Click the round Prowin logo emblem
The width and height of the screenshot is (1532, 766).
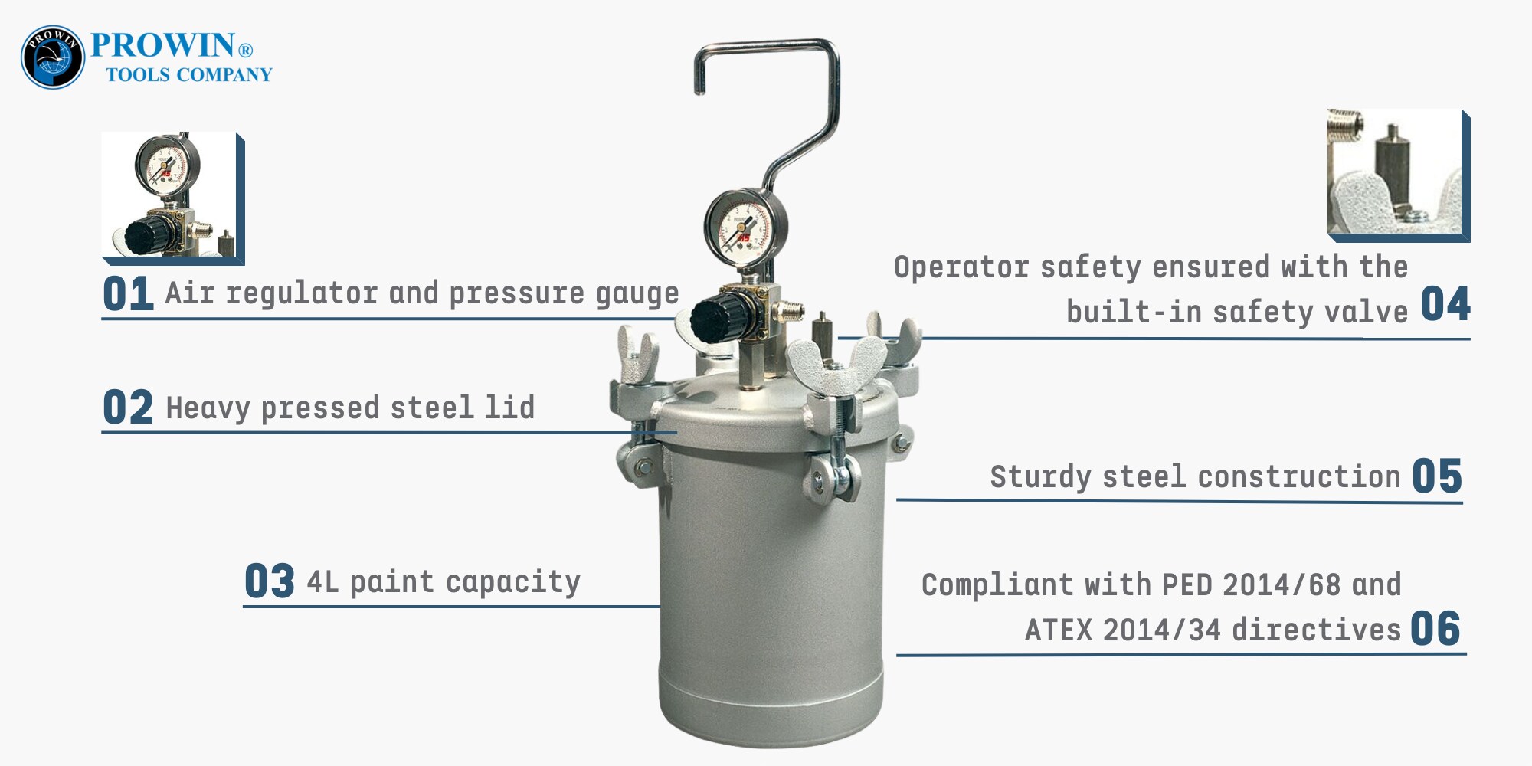pos(53,57)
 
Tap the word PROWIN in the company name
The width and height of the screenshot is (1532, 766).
pos(162,45)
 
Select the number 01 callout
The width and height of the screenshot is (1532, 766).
pos(128,294)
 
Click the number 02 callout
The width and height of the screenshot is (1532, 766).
pos(128,408)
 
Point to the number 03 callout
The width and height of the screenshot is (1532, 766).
pos(269,581)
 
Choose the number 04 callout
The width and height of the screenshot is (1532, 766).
pos(1445,304)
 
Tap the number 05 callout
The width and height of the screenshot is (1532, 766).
pos(1437,476)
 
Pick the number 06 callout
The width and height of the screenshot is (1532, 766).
pos(1435,629)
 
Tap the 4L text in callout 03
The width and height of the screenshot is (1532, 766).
pos(322,582)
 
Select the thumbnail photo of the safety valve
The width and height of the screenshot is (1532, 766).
pos(1399,175)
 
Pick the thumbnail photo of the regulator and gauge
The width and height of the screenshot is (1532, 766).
pos(173,198)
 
